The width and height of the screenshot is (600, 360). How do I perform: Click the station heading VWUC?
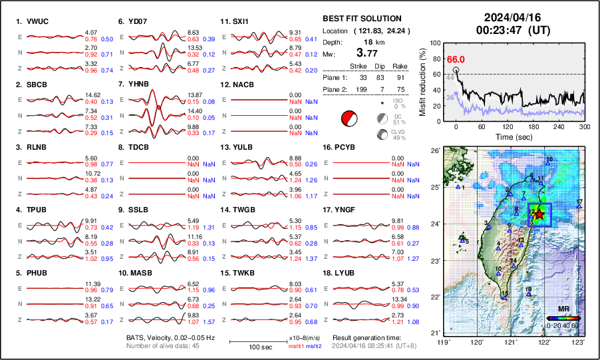pos(35,21)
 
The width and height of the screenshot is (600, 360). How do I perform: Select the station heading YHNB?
pos(138,85)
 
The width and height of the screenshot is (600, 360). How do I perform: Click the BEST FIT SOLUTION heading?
pos(362,19)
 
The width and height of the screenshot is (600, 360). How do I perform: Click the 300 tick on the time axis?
pos(585,126)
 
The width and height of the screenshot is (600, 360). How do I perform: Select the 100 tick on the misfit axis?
pos(437,43)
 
